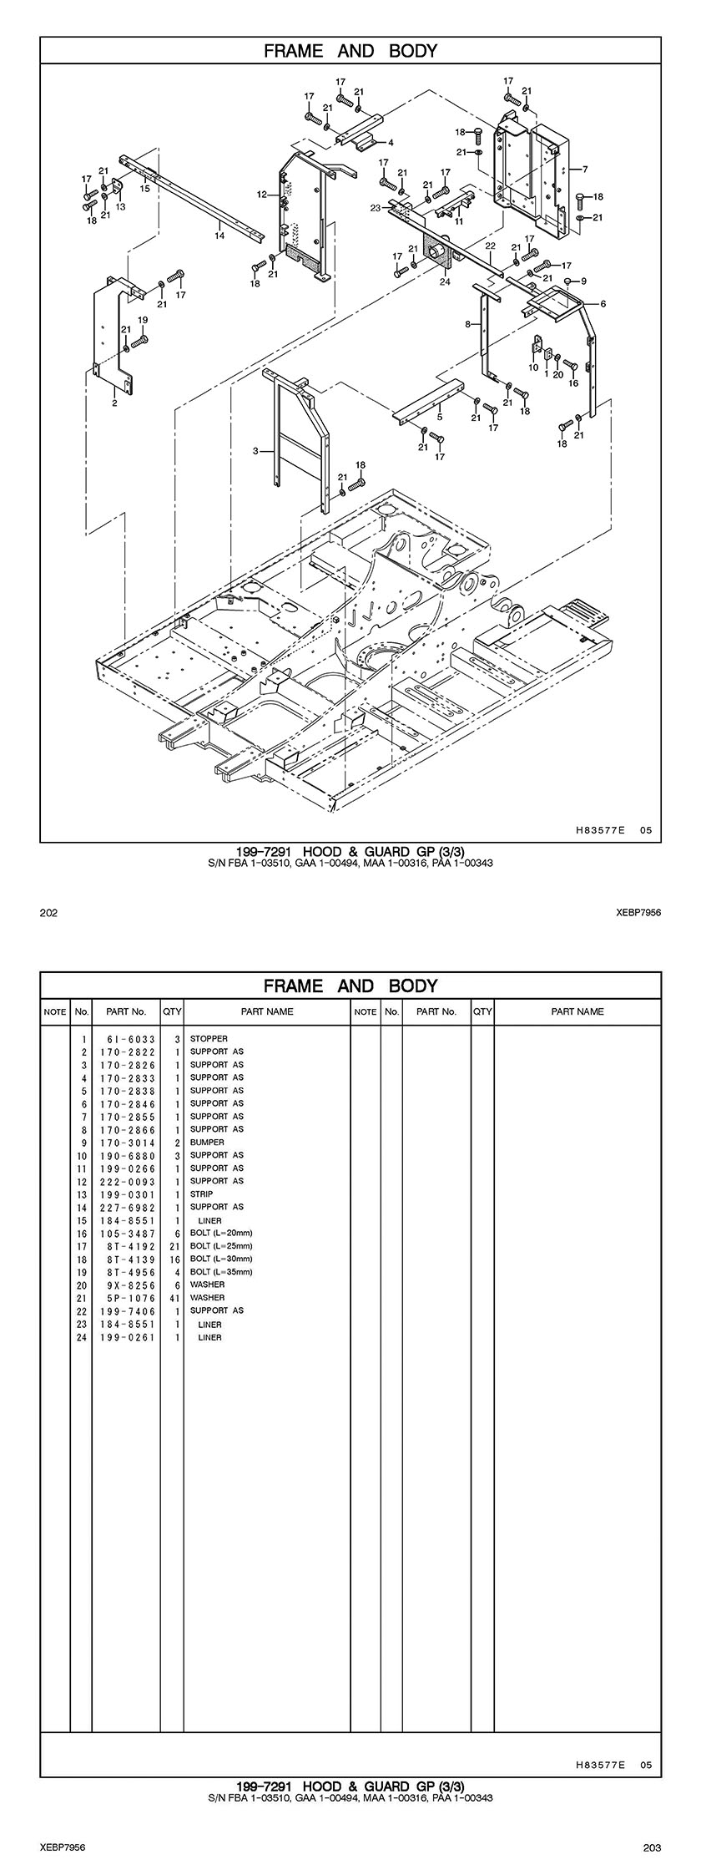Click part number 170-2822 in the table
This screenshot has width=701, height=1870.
coord(127,1052)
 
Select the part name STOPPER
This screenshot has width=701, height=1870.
coord(209,1039)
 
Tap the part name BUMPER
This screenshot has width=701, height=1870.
coord(207,1142)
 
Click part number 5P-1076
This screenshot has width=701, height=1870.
coord(127,1297)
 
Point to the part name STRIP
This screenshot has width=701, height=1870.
coord(201,1193)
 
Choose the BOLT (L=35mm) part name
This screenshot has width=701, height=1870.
coord(221,1271)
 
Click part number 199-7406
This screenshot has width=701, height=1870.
coord(127,1310)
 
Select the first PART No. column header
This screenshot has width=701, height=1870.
coord(127,1011)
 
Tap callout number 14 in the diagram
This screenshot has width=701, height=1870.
coord(219,236)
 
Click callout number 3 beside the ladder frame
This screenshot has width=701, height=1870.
coord(256,451)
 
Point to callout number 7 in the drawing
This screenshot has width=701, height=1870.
coord(585,170)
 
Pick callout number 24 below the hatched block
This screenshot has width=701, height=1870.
coord(445,281)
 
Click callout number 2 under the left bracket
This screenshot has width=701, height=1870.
coord(114,403)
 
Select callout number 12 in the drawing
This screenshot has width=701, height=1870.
coord(262,194)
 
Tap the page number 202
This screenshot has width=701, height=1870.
coord(48,913)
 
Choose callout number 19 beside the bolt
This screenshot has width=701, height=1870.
coord(143,320)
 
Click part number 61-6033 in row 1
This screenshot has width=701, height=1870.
coord(127,1039)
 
